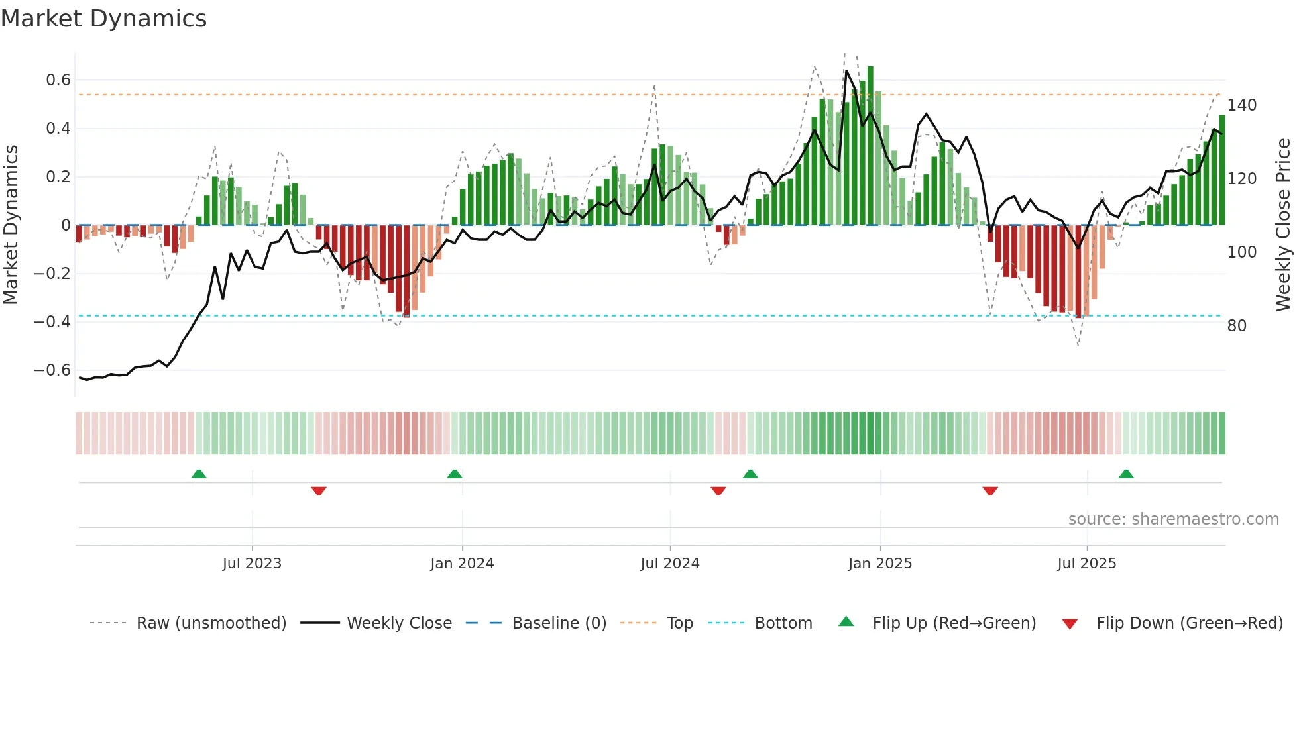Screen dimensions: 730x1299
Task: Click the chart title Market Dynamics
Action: (x=104, y=19)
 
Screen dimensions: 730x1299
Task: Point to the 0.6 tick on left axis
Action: (x=58, y=80)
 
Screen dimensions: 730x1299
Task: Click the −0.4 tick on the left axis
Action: (x=52, y=322)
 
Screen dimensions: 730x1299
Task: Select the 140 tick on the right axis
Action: (x=1241, y=105)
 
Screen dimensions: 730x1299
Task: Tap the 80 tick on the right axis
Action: (x=1237, y=326)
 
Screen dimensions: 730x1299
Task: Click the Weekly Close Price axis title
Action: (x=1283, y=225)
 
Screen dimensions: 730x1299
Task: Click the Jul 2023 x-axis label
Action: (x=252, y=564)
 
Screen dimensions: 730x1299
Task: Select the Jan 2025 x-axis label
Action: (x=880, y=564)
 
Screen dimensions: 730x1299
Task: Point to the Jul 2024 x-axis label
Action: (x=670, y=564)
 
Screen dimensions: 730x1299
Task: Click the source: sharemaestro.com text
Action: (x=1173, y=519)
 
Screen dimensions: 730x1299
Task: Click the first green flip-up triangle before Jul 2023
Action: (x=199, y=474)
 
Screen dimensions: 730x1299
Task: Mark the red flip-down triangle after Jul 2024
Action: (x=718, y=491)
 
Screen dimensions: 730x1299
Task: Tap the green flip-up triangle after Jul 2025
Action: (x=1126, y=474)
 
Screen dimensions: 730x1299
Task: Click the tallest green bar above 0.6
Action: (x=870, y=146)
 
